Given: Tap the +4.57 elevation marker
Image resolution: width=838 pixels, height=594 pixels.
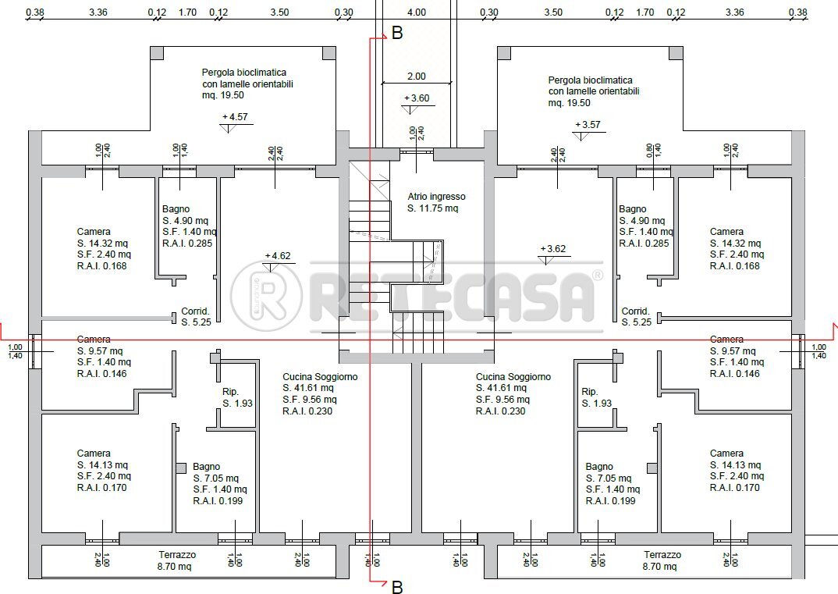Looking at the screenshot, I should [235, 117].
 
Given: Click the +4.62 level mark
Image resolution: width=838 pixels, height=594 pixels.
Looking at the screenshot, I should [278, 255].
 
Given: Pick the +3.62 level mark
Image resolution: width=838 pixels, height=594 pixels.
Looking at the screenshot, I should [553, 250].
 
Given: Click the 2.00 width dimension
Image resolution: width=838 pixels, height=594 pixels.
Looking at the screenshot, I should [416, 76].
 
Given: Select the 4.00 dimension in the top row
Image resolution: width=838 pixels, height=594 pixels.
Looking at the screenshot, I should [417, 12].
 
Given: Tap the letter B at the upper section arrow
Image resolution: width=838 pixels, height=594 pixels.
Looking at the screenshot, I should [397, 34].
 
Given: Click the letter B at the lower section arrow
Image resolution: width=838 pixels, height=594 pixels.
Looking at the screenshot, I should [397, 587].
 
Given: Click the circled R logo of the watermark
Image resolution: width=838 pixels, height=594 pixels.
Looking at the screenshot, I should [267, 294].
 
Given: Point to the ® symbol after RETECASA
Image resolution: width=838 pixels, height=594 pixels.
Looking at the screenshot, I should [598, 276].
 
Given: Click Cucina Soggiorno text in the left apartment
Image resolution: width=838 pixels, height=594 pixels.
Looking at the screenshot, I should [319, 377].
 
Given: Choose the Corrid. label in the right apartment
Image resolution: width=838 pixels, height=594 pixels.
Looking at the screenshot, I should [635, 311].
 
